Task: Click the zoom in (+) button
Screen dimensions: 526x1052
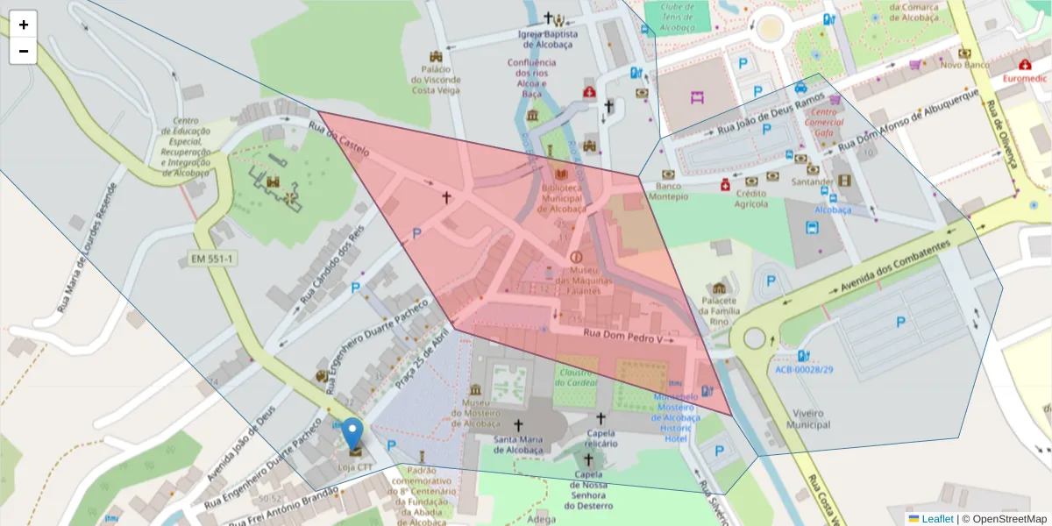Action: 24,25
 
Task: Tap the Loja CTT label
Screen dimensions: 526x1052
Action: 355,467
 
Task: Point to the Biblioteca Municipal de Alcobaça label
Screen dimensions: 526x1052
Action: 562,198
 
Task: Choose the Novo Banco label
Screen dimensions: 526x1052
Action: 964,65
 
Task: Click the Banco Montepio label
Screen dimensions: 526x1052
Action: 669,191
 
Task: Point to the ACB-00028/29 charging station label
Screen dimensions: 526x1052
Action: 803,370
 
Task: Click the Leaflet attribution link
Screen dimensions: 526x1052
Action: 936,519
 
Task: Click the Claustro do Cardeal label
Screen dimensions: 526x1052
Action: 575,377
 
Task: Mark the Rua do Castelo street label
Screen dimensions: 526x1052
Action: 338,139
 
